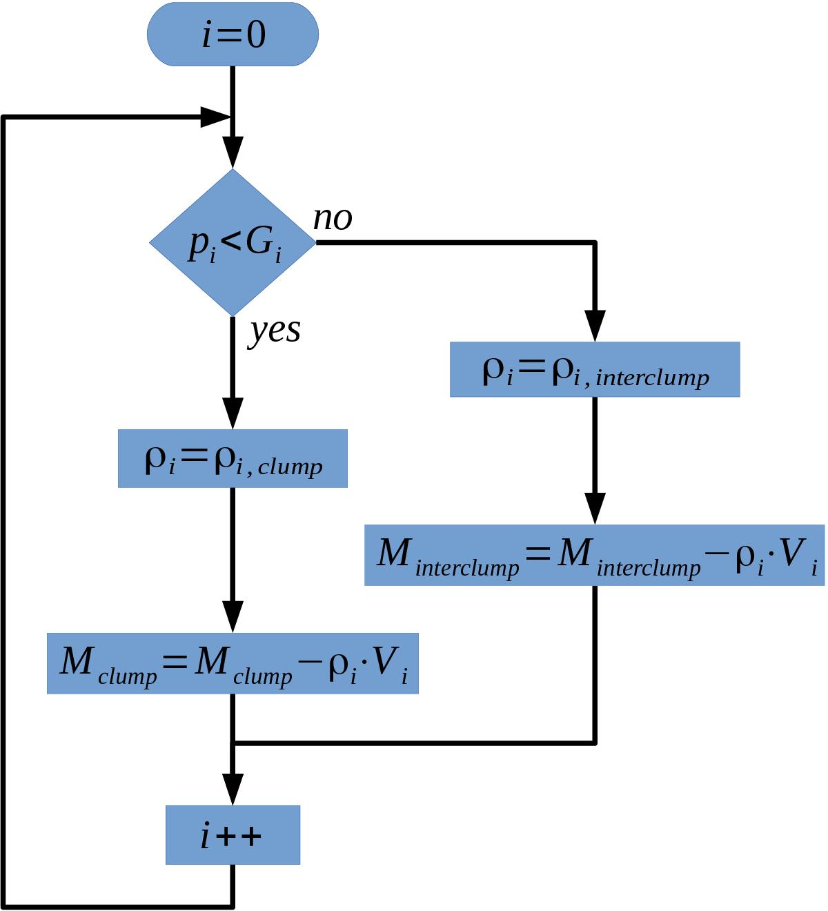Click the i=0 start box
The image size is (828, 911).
(233, 34)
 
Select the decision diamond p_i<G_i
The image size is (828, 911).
(233, 242)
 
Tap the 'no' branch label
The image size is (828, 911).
(333, 219)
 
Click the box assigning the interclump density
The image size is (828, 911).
(595, 369)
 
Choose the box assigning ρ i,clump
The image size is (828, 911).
(233, 458)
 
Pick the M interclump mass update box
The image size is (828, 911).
(595, 555)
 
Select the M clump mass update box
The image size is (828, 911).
(233, 663)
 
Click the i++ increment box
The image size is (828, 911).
(233, 834)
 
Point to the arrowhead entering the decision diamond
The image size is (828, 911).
(233, 152)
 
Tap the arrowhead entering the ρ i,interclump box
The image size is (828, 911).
(595, 326)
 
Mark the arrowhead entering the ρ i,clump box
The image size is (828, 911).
(233, 413)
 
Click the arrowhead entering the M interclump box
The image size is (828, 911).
(595, 509)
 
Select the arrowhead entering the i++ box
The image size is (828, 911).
(233, 790)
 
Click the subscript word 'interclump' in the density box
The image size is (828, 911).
(652, 378)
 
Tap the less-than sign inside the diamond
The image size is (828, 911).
(232, 241)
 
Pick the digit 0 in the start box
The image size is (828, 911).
(256, 35)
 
